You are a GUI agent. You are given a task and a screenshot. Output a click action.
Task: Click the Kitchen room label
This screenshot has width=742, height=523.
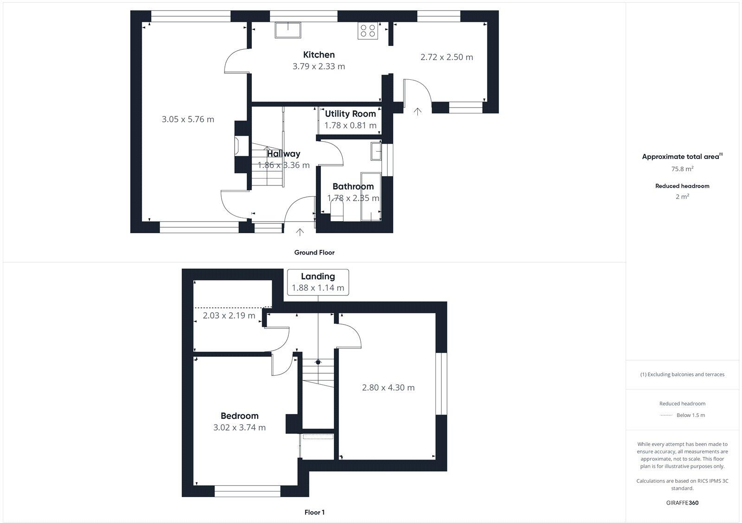click(319, 55)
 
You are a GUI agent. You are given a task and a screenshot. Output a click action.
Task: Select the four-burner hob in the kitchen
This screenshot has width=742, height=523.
click(368, 31)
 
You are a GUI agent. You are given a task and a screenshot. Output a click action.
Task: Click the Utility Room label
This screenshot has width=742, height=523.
click(350, 114)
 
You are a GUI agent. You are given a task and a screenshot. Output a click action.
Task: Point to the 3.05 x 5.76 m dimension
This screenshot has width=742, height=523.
click(188, 119)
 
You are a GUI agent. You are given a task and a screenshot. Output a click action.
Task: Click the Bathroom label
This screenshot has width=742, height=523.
click(353, 186)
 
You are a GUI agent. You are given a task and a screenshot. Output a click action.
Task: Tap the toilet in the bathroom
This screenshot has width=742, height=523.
click(337, 213)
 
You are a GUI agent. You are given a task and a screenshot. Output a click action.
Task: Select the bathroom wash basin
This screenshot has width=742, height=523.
click(376, 152)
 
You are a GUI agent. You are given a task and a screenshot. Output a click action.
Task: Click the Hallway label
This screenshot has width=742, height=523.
click(283, 153)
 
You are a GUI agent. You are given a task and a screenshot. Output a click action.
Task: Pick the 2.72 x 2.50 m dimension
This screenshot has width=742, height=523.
click(447, 57)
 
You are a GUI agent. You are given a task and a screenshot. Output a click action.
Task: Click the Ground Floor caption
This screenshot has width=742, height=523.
click(314, 253)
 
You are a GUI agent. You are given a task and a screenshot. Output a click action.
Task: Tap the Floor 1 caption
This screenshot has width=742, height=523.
click(314, 512)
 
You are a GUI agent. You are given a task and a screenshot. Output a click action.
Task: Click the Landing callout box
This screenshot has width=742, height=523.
click(318, 282)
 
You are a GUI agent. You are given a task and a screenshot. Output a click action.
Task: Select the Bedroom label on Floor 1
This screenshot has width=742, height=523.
click(239, 416)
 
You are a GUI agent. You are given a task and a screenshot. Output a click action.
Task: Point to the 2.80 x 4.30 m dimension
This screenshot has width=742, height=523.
click(388, 388)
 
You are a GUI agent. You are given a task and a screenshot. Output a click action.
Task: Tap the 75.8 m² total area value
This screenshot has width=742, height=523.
click(682, 169)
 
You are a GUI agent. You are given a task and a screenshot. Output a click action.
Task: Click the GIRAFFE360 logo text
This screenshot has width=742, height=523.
click(682, 503)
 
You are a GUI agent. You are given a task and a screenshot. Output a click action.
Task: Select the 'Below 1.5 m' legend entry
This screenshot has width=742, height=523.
click(691, 415)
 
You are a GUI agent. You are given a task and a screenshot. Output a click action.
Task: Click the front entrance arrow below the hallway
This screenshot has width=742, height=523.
click(300, 232)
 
